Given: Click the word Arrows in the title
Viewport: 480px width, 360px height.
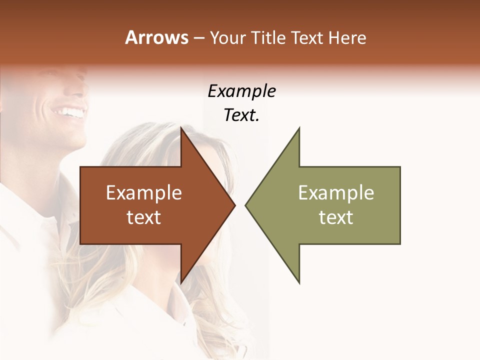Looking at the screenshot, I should (x=156, y=37).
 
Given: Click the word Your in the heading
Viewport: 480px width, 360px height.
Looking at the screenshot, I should (x=227, y=37).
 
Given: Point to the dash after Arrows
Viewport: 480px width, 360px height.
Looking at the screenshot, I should (x=198, y=38).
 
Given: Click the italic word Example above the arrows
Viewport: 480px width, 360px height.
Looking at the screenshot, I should (x=241, y=91).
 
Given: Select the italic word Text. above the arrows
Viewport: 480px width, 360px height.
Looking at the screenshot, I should (x=241, y=115).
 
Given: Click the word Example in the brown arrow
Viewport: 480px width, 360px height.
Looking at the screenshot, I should (x=144, y=193).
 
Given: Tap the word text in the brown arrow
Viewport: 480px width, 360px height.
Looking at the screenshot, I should (x=144, y=217).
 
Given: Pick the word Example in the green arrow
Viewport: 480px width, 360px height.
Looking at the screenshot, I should (x=336, y=193).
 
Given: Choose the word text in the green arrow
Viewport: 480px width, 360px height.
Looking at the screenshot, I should (x=336, y=217).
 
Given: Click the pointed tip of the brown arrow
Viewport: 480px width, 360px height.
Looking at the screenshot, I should (x=234, y=205).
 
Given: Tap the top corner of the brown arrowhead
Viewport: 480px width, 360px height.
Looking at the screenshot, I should (x=181, y=127).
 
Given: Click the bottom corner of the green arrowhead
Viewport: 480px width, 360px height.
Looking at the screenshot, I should (x=299, y=283).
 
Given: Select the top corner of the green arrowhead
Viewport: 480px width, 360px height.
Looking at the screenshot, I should (x=299, y=128).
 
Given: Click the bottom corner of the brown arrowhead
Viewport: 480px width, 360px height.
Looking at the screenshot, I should (x=181, y=283).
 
